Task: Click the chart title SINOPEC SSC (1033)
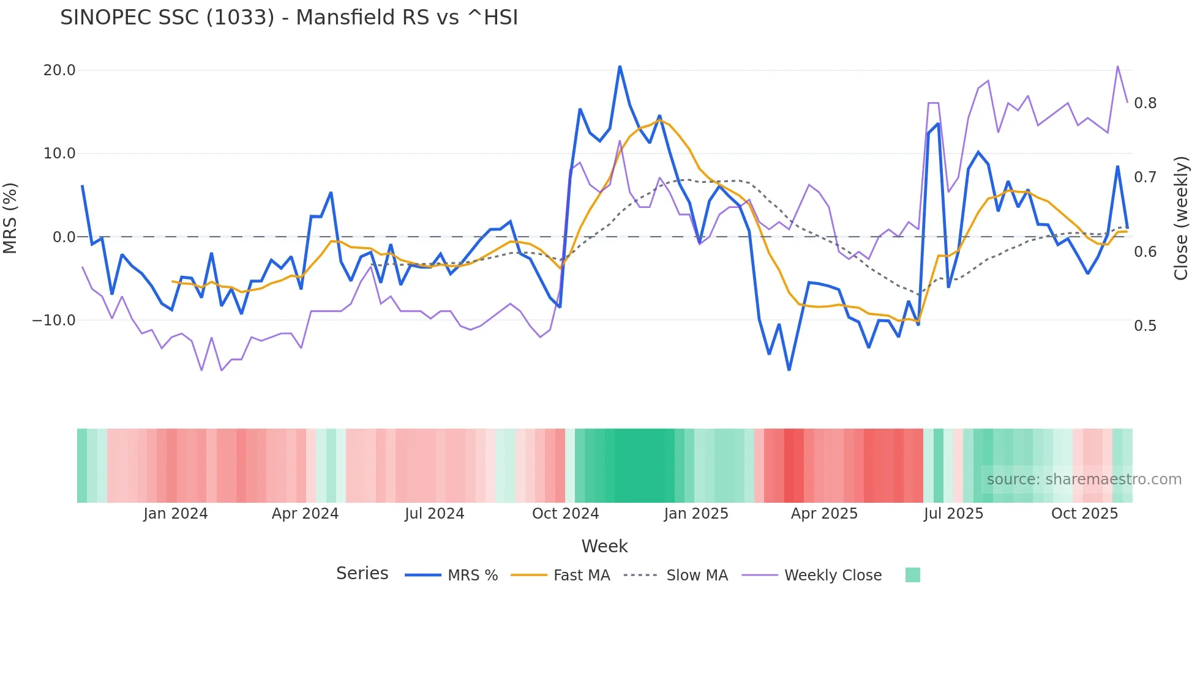coord(288,18)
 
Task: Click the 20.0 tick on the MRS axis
coord(59,70)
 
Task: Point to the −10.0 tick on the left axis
coord(54,320)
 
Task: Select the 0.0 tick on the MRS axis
coord(64,237)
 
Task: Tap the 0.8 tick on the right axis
coord(1145,103)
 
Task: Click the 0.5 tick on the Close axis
coord(1145,326)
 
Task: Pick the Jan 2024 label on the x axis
coord(176,514)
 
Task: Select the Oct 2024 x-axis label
coord(565,514)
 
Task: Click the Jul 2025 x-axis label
coord(953,514)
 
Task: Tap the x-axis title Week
coord(604,546)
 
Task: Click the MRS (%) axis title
coord(10,218)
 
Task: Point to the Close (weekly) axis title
coord(1181,218)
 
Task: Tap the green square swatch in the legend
coord(912,575)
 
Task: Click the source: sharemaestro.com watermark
coord(1084,480)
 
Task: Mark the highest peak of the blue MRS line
coord(620,66)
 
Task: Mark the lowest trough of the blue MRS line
coord(789,369)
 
